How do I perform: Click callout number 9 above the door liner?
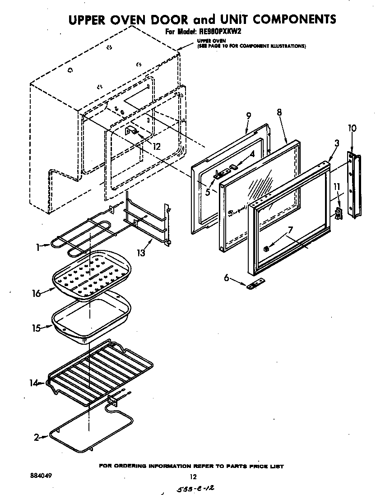coord(248,116)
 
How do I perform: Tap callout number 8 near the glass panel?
coord(279,112)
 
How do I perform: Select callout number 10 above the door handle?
coord(352,128)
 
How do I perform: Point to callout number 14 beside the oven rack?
coord(33,384)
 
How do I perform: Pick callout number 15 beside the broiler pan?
coord(36,328)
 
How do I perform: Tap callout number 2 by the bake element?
coord(37,437)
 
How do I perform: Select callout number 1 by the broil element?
coord(40,247)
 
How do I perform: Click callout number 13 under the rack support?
coord(142,253)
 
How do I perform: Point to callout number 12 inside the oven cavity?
coord(156,146)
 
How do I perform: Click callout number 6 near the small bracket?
coord(227,278)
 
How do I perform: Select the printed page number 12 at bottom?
coord(193,476)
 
